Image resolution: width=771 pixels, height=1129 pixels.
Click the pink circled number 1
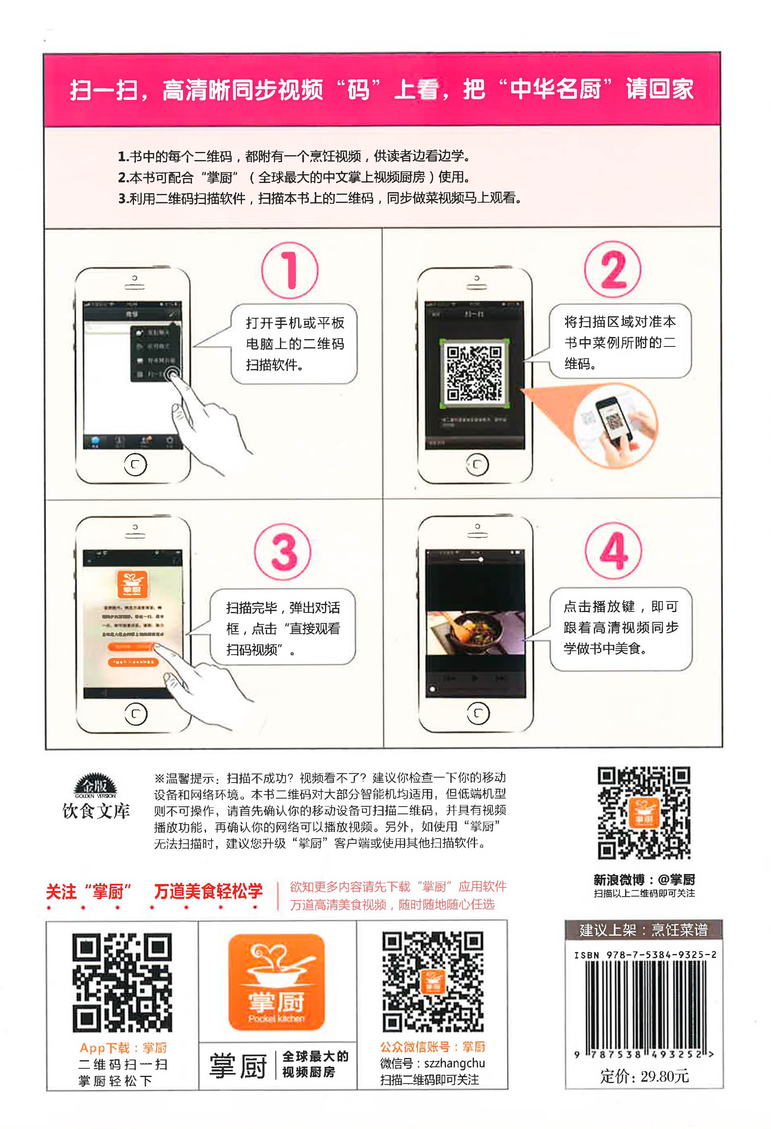coord(290,270)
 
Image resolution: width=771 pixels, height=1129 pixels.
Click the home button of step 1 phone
coord(136,465)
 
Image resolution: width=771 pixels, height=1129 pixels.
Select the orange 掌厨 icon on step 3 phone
coord(132,584)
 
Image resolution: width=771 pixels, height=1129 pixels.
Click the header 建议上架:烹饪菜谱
coord(644,930)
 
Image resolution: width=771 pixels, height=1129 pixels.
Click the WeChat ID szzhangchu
coord(454,1064)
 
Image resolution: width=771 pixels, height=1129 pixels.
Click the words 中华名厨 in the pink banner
coord(555,89)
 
